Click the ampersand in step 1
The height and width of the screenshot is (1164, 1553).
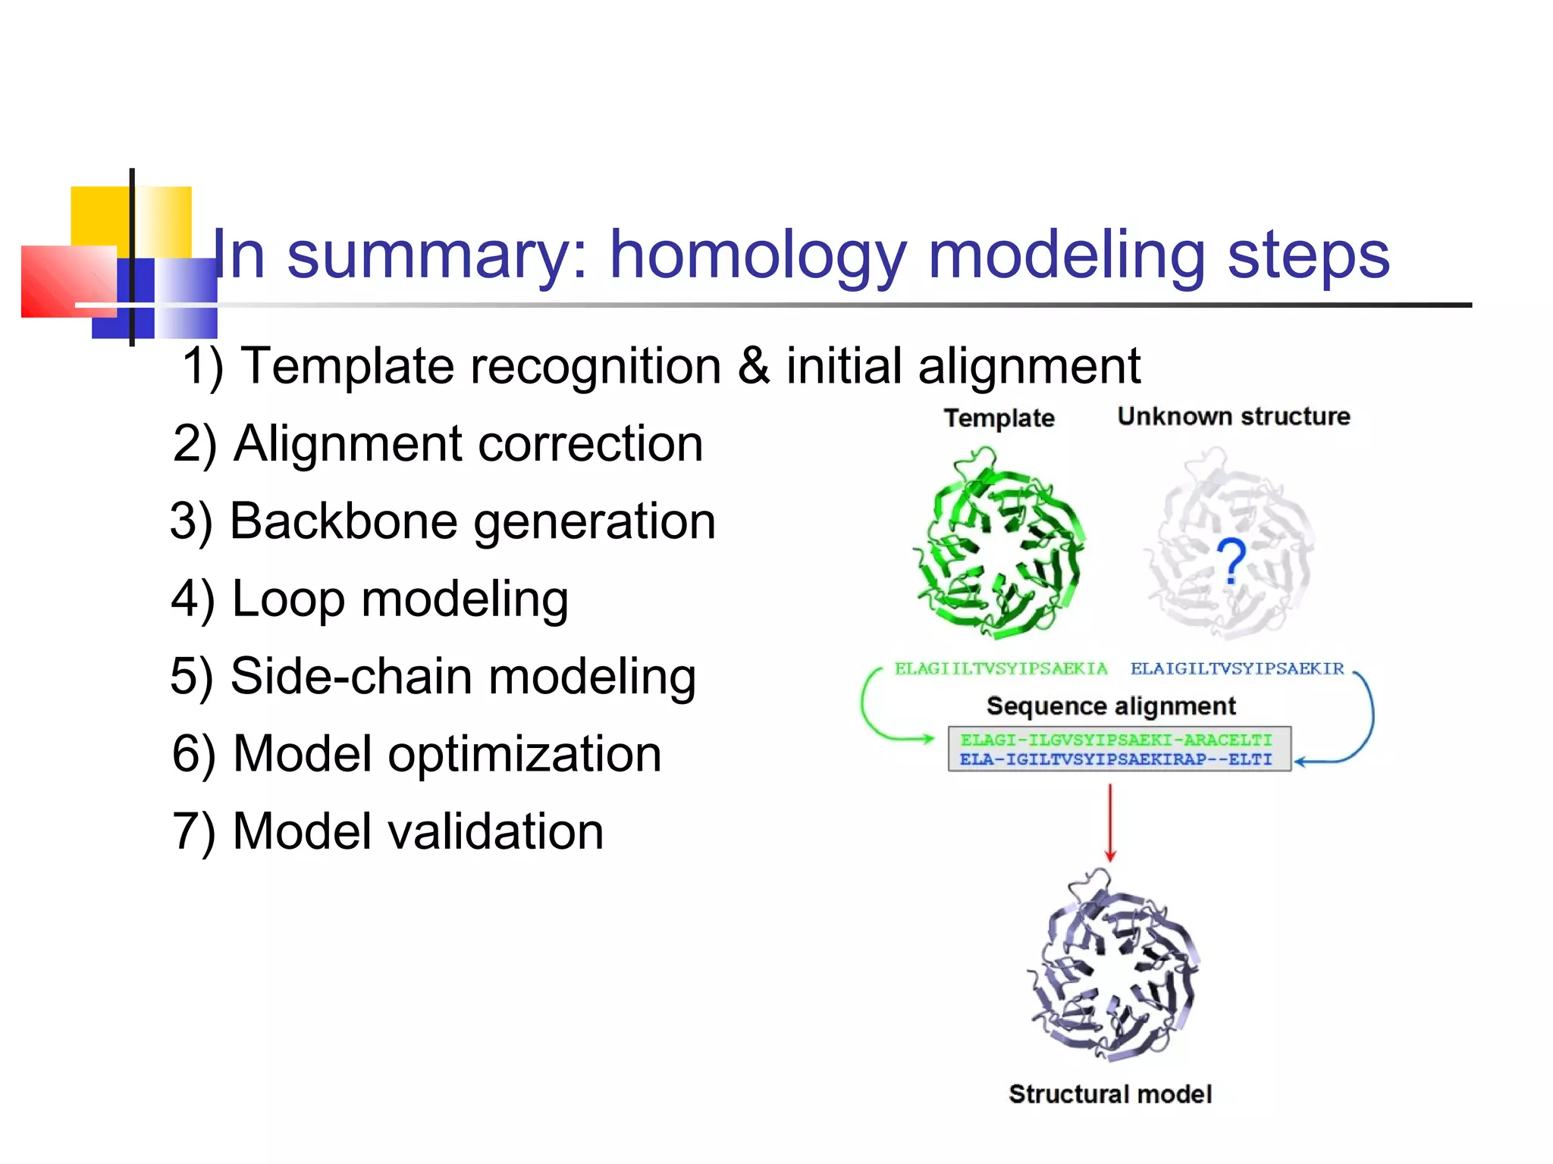754,366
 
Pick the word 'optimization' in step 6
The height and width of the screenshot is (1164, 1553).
525,754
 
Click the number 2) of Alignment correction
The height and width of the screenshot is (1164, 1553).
195,444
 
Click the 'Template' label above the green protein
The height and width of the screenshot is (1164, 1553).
999,418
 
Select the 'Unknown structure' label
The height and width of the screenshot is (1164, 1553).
1233,416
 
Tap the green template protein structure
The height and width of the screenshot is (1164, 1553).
999,544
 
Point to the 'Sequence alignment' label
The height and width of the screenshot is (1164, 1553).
1110,706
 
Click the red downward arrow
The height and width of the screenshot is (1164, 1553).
1110,822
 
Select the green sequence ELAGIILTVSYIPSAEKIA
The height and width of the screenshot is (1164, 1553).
1000,668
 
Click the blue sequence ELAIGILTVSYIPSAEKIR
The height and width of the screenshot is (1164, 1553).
1237,668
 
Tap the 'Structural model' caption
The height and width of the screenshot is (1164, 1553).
1110,1094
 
